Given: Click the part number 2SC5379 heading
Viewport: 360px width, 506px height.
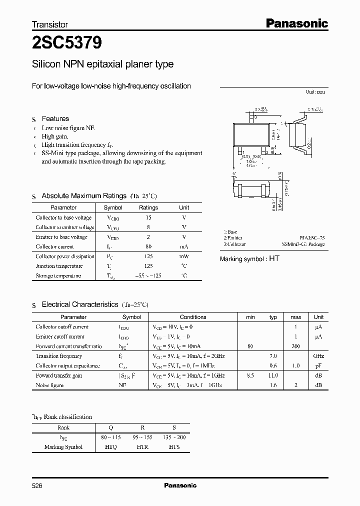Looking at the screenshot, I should [67, 44].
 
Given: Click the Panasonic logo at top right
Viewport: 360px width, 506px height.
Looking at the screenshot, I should [295, 23].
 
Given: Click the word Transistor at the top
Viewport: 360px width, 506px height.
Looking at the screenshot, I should [50, 24].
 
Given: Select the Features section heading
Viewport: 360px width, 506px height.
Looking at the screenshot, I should [55, 118].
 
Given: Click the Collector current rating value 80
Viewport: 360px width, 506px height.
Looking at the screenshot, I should [148, 246].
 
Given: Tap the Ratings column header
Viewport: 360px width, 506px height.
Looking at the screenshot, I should [148, 207].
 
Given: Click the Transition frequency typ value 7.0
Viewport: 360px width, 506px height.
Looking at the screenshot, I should [273, 356].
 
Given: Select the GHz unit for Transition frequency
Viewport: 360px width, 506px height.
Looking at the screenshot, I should [318, 356].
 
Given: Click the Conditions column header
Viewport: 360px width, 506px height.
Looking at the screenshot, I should [193, 317].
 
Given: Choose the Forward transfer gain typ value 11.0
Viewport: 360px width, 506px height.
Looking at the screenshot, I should [273, 375].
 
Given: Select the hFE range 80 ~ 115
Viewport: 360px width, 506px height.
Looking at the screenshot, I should [111, 437].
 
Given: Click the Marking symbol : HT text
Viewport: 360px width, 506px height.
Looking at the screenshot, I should [250, 258].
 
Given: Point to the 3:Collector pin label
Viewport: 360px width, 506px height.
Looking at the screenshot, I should [234, 244].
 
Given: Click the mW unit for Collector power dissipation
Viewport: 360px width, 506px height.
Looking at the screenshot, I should [184, 256].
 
